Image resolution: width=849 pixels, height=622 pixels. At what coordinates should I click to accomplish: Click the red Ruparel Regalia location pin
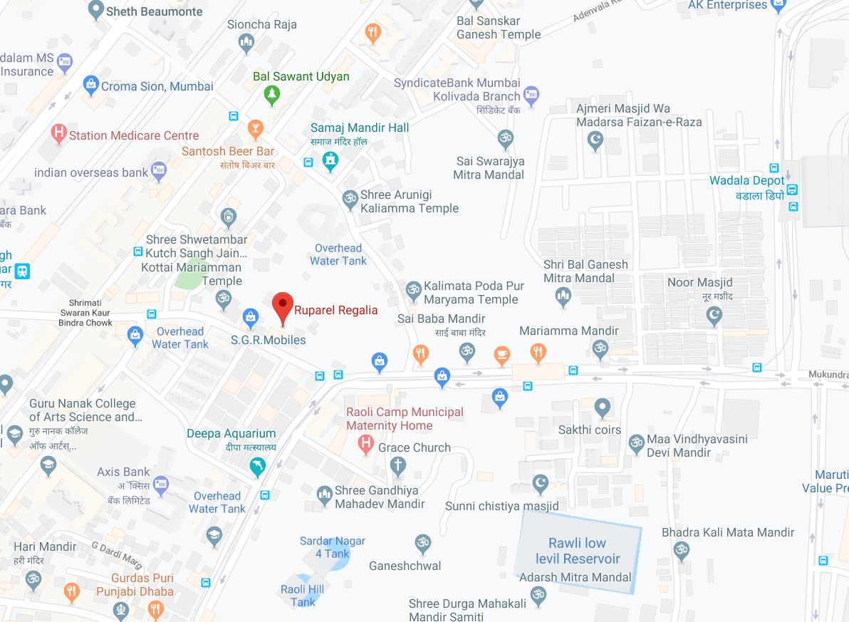283,307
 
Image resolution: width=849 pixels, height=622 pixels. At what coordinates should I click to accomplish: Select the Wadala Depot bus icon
793,190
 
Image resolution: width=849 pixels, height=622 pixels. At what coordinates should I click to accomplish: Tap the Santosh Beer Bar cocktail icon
255,129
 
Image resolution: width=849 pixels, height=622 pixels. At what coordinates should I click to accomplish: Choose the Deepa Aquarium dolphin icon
257,467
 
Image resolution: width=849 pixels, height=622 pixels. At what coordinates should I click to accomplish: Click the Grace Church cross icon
398,467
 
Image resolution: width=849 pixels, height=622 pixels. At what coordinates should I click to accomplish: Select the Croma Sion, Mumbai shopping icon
90,85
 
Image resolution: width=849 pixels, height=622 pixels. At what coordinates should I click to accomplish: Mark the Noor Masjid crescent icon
714,314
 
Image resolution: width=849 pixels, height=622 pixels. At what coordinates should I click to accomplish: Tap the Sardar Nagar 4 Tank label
332,547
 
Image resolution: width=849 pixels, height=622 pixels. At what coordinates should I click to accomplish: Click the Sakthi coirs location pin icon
603,408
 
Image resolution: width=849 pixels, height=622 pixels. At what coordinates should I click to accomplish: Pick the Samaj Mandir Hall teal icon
330,162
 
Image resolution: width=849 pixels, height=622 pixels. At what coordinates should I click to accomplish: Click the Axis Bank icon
161,484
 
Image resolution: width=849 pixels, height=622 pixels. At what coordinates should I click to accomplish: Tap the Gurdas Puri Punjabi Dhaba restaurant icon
71,591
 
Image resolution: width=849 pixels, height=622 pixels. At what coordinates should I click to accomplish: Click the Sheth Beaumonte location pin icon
95,10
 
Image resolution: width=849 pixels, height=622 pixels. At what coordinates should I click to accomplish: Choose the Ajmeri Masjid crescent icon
595,142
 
